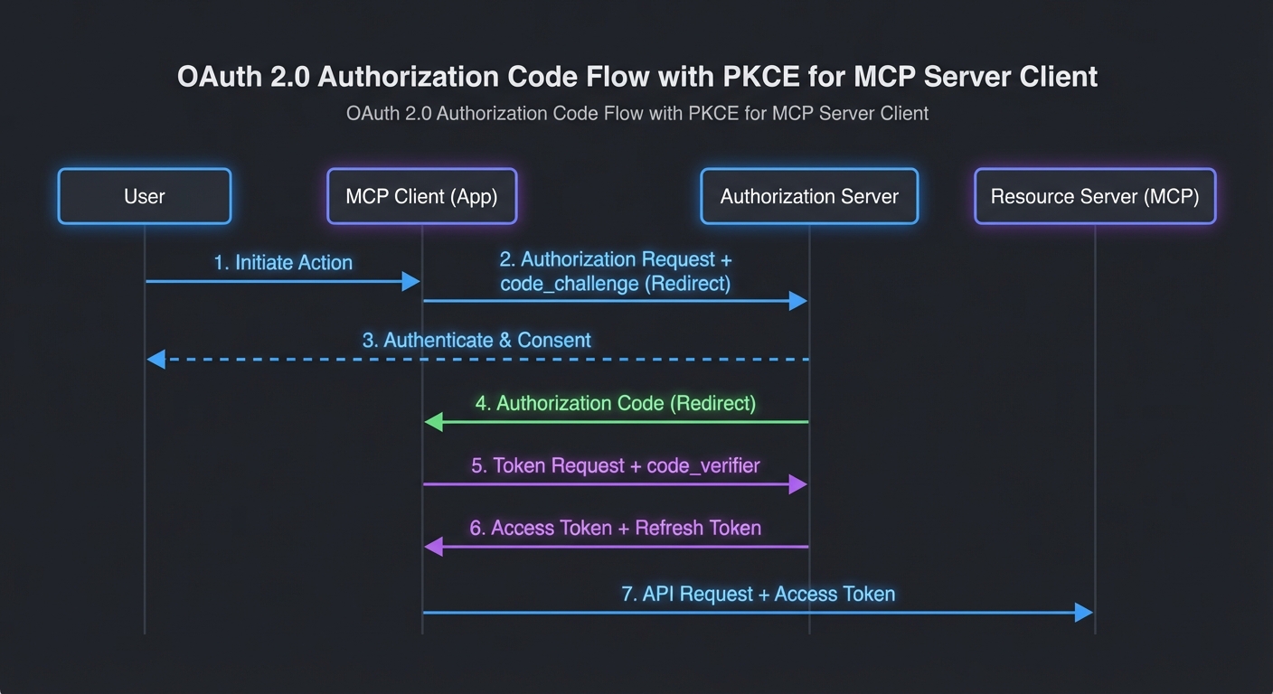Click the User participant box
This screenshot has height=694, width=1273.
click(145, 196)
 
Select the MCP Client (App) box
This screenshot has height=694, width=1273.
click(421, 196)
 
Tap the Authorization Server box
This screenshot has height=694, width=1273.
click(809, 196)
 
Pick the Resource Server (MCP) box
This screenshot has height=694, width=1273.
click(1095, 196)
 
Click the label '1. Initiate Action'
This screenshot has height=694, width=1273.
click(283, 263)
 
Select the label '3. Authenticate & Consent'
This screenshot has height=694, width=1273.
click(476, 341)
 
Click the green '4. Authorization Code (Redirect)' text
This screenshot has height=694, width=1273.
click(616, 403)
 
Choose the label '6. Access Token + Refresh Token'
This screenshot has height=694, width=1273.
click(615, 528)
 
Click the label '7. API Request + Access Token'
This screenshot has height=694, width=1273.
click(758, 594)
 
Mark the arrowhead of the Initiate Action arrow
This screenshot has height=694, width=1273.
click(411, 282)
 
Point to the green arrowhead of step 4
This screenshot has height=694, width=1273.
click(434, 422)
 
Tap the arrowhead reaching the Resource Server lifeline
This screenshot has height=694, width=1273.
click(1083, 613)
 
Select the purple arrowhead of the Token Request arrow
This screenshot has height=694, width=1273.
click(797, 484)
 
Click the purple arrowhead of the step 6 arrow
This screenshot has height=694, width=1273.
click(434, 547)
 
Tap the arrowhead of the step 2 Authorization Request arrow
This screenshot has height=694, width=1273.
click(797, 301)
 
